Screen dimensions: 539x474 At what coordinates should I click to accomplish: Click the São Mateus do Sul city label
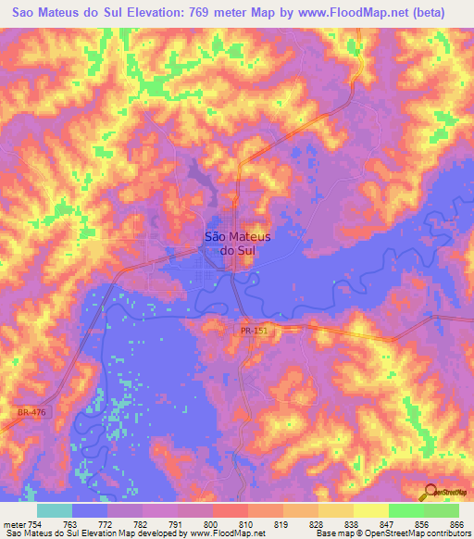228,243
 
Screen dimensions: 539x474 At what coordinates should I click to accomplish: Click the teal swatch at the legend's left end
55,510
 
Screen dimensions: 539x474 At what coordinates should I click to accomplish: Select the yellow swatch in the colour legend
370,510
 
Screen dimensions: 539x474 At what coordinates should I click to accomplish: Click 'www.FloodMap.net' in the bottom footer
223,534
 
